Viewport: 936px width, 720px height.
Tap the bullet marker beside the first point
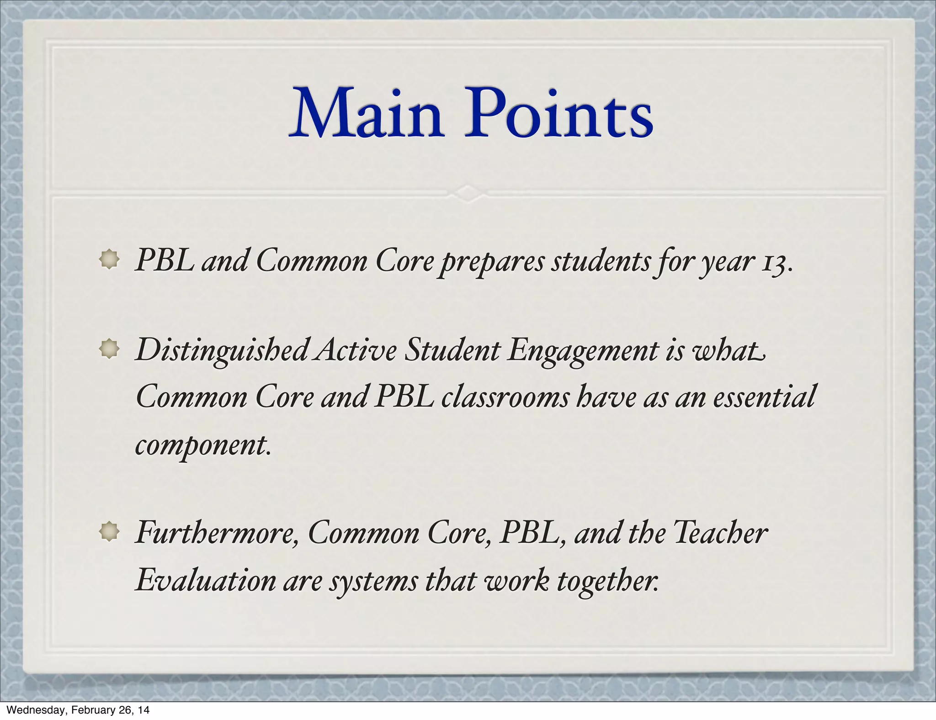point(109,260)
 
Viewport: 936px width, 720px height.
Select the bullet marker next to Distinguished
point(109,350)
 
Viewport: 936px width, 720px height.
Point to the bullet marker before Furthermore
point(109,531)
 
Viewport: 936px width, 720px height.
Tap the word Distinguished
point(222,351)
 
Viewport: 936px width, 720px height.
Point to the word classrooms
point(505,397)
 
